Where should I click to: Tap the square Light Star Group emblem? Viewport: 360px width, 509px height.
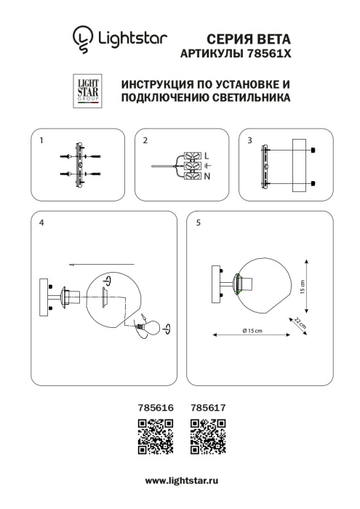click(88, 90)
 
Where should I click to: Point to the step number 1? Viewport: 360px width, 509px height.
click(42, 140)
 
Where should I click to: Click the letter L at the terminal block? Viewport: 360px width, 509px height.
click(207, 156)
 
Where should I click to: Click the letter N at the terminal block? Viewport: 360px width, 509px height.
click(207, 177)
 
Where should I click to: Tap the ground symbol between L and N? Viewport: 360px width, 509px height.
click(207, 167)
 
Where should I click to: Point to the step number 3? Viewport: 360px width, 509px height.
click(249, 140)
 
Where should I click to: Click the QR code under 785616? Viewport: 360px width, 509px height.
click(155, 436)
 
